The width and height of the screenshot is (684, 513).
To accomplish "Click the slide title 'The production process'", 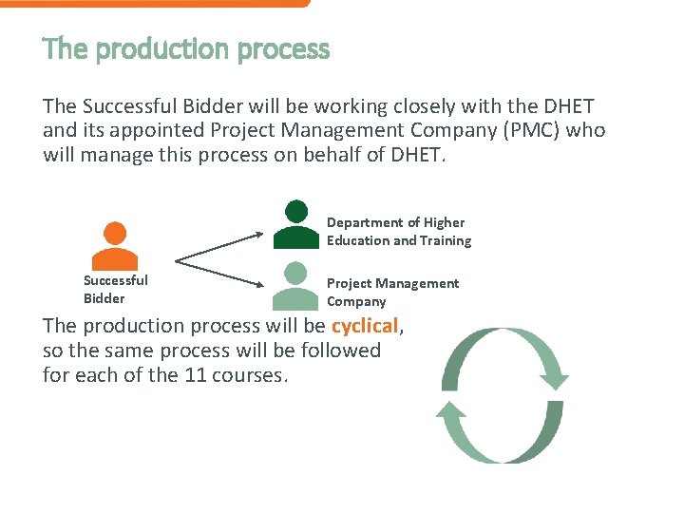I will point(186,49).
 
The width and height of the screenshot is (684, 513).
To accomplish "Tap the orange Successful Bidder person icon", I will point(115,247).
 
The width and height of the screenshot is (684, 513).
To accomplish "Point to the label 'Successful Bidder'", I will point(115,289).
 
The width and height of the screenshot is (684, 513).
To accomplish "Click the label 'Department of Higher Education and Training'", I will point(398,231).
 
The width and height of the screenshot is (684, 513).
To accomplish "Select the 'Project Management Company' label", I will point(392,293).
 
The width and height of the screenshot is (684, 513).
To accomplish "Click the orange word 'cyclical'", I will point(365,326).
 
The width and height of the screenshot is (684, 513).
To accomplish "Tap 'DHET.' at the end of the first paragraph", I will point(417,153).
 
